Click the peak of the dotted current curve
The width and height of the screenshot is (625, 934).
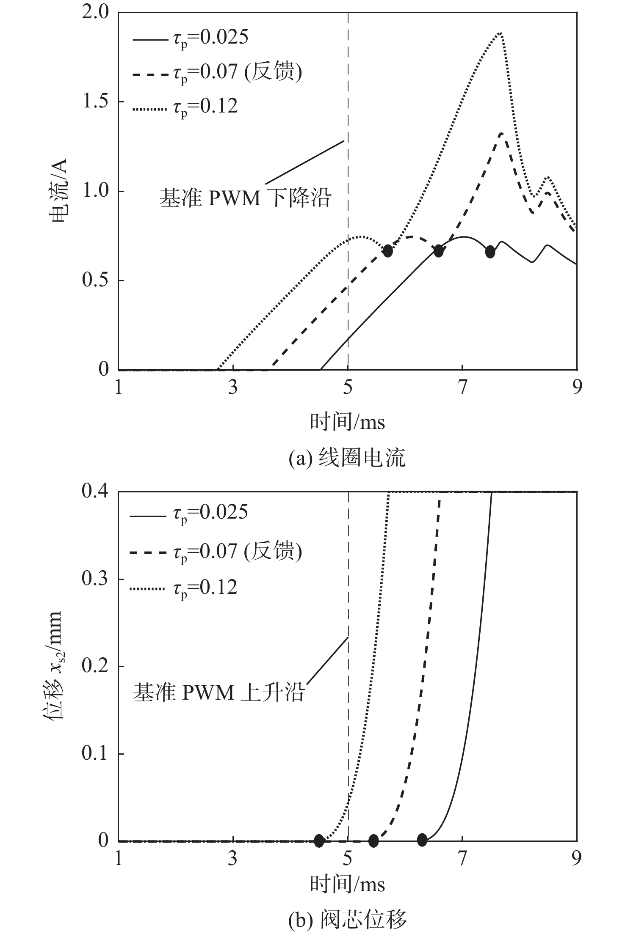click(x=500, y=33)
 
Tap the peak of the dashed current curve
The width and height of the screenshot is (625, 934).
click(x=501, y=134)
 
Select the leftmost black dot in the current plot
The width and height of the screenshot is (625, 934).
click(x=387, y=251)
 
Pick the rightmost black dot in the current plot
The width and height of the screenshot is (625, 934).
click(x=490, y=252)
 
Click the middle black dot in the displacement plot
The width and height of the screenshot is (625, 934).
click(x=373, y=841)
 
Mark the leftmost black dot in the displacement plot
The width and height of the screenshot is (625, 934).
click(x=319, y=841)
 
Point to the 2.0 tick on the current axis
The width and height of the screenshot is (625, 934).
click(x=98, y=13)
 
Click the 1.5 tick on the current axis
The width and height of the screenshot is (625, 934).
click(x=98, y=102)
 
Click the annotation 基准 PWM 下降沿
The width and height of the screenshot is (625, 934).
click(x=244, y=198)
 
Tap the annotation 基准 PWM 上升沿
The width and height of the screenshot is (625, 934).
click(x=218, y=693)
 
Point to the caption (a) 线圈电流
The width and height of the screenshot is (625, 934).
click(x=347, y=458)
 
